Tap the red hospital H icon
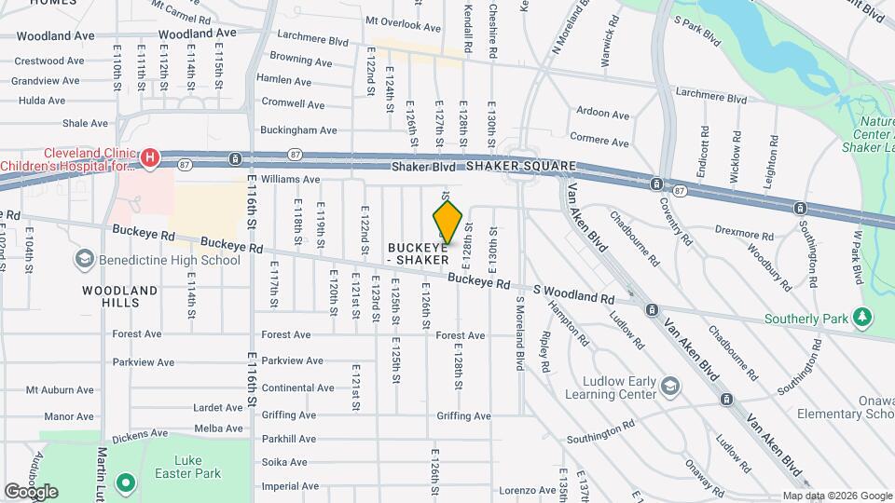coord(149,159)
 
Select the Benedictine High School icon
coord(84,259)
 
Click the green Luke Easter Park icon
coord(124,484)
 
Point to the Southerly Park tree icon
coord(863,319)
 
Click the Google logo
coord(31,491)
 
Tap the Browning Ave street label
coord(300,61)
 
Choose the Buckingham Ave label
coord(298,130)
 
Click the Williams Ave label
coord(290,179)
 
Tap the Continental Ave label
coord(298,387)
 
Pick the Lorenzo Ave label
coord(527,490)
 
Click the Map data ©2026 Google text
coord(837,496)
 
